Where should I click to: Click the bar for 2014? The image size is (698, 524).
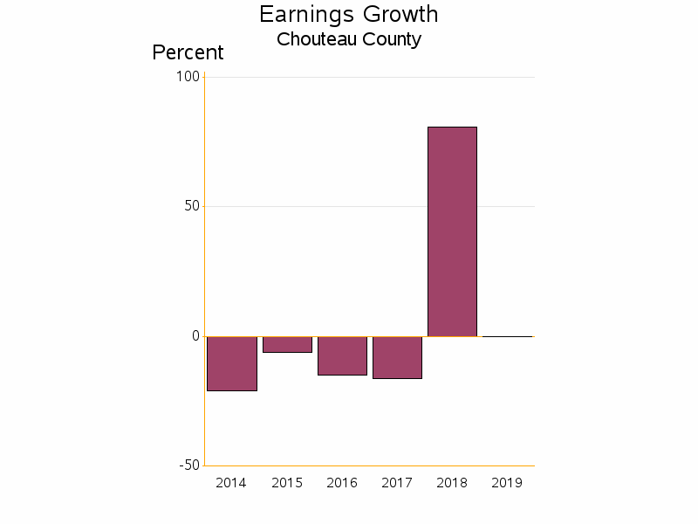click(x=232, y=363)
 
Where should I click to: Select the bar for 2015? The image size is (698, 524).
click(x=287, y=344)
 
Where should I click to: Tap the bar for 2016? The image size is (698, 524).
click(x=342, y=355)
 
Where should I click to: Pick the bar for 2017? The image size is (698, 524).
click(x=397, y=357)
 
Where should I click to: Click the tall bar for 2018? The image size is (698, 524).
click(x=452, y=231)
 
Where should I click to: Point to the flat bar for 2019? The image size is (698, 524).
click(x=507, y=336)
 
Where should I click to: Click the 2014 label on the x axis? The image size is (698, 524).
click(x=231, y=483)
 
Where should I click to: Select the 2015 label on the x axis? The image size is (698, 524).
click(x=287, y=483)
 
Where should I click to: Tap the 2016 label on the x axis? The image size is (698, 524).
click(x=342, y=483)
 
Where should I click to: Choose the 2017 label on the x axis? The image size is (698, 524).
click(x=397, y=483)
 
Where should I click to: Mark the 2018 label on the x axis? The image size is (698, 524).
click(x=452, y=483)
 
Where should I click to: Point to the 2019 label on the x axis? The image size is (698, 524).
click(x=507, y=483)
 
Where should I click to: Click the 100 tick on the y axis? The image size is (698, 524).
click(x=188, y=77)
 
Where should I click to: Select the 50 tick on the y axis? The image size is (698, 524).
click(x=191, y=206)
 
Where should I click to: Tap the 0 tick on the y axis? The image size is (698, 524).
click(x=195, y=336)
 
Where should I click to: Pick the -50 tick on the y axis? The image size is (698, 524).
click(x=189, y=465)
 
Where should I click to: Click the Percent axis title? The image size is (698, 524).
click(x=188, y=52)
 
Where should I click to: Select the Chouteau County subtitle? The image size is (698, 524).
click(x=349, y=39)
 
